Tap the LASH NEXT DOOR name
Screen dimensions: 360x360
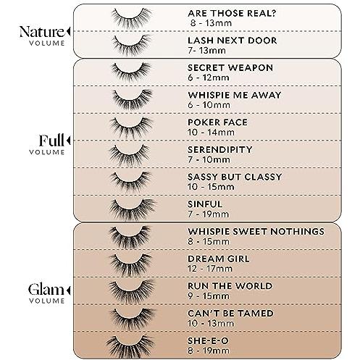click(233, 41)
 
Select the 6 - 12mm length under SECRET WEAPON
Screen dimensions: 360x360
click(209, 78)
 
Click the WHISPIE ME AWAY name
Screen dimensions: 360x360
click(235, 95)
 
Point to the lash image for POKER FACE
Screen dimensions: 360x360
click(131, 127)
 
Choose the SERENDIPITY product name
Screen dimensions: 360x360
click(220, 149)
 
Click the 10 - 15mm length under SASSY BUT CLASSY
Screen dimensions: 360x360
click(211, 187)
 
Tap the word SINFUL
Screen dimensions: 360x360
click(205, 204)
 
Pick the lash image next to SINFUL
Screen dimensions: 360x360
click(132, 209)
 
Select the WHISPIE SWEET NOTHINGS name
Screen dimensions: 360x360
click(256, 231)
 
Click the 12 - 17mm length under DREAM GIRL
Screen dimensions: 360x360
click(210, 269)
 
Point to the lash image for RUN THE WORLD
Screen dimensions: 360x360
click(132, 290)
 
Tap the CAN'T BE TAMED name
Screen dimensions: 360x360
click(230, 313)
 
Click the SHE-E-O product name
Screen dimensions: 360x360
click(208, 340)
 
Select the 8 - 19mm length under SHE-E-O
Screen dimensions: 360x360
click(209, 351)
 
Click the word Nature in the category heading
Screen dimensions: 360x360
click(42, 32)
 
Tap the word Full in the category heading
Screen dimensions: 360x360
click(51, 140)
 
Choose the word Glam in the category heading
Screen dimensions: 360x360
click(46, 289)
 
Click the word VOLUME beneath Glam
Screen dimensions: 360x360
click(47, 301)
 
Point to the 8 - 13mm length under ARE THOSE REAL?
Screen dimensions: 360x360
click(211, 23)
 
